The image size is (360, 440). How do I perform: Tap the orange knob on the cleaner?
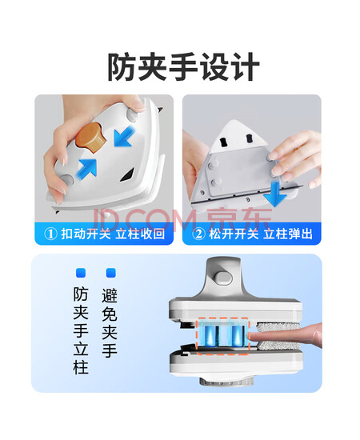(91, 138)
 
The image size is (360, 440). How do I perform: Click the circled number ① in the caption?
(50, 234)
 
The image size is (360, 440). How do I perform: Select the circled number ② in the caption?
(198, 234)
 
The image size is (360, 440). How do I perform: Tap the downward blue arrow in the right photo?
(275, 194)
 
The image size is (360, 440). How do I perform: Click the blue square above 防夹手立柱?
(81, 273)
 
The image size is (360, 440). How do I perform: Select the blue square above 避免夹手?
(111, 273)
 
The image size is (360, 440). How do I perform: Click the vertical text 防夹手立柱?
(81, 330)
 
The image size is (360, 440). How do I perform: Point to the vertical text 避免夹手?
(110, 322)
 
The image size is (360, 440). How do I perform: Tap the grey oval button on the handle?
(224, 278)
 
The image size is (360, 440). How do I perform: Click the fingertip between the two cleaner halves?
(254, 336)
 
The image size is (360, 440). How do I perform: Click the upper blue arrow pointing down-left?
(125, 136)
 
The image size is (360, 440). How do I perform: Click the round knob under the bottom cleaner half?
(227, 381)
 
